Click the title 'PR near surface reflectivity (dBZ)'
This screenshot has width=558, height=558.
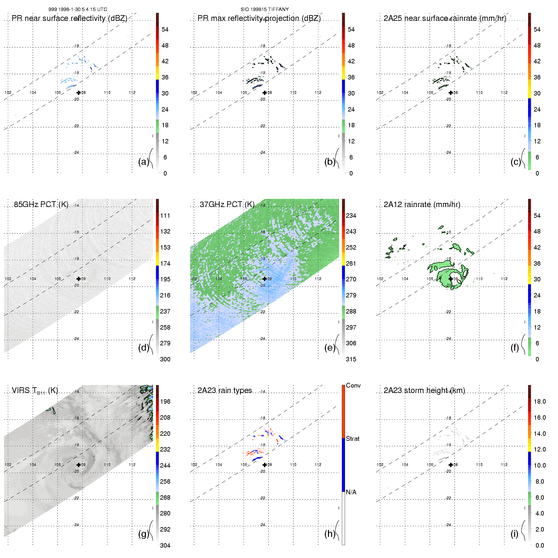69,18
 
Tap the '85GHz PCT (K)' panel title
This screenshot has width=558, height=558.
41,204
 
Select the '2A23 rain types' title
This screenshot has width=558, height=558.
225,390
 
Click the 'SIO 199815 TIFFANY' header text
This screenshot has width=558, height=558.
265,9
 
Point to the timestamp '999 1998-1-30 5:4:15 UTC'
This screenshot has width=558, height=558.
78,9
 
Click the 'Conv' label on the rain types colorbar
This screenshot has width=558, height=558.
353,385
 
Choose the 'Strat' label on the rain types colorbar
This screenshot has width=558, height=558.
353,439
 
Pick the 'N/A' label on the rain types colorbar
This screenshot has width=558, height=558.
351,492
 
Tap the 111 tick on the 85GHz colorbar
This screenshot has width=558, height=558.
165,216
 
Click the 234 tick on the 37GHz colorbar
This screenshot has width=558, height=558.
351,216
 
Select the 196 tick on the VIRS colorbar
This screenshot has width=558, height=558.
165,401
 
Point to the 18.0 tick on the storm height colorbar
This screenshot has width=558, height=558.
540,401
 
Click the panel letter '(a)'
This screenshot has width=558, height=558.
143,162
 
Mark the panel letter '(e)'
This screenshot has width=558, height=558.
330,348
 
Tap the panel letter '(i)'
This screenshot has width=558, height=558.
514,534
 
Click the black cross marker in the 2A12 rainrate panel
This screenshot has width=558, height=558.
451,279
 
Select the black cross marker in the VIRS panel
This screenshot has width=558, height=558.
78,465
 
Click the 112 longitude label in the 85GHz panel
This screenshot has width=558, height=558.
132,279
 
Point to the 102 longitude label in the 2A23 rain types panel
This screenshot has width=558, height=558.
194,465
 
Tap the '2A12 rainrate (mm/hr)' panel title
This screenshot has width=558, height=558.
422,204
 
